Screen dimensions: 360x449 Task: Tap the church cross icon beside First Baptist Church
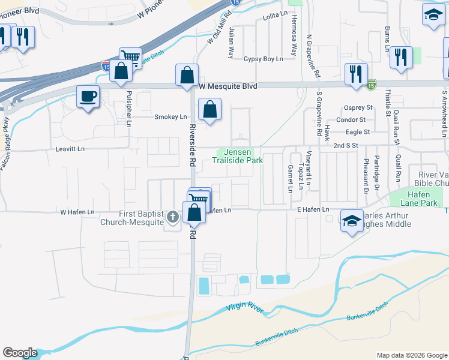173,217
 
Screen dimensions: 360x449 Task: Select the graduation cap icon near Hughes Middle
351,221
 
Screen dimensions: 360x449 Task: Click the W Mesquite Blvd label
228,86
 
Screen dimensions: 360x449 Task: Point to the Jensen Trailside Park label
237,157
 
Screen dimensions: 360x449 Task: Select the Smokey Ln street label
171,117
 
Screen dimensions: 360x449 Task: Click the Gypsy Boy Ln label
263,59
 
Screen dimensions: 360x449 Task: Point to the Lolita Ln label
276,19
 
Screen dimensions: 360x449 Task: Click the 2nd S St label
346,146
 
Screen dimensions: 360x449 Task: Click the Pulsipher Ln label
128,109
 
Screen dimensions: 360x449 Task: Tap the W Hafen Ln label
77,212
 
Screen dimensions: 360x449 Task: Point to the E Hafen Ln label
314,209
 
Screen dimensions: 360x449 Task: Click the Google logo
20,353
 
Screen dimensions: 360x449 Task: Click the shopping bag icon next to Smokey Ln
209,110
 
